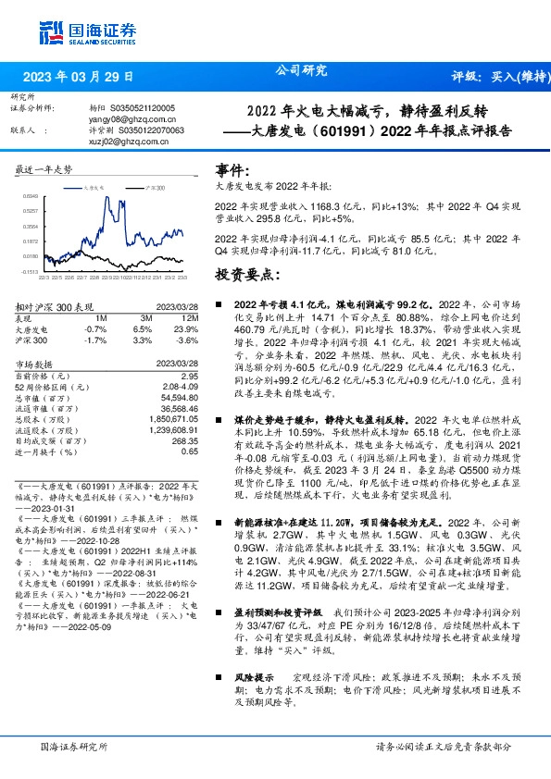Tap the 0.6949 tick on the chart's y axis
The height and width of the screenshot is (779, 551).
coord(31,196)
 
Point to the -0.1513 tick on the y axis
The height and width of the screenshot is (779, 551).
coord(31,271)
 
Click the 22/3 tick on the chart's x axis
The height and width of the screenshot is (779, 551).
coord(43,276)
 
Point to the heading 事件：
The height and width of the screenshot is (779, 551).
coord(232,171)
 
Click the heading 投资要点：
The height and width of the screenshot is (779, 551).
coord(247,276)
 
